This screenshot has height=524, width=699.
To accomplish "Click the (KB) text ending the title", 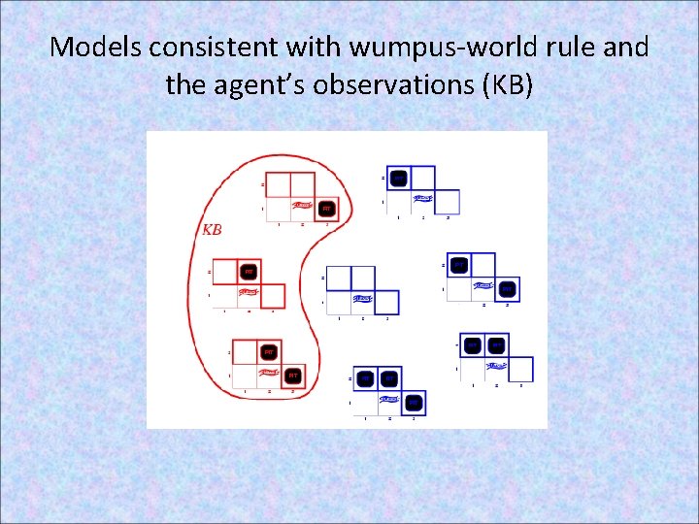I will click(506, 85).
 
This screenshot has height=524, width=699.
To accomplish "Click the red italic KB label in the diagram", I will click(212, 230).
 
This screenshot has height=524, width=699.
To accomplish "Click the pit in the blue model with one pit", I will click(398, 178).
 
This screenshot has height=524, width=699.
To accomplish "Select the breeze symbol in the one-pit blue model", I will click(422, 199).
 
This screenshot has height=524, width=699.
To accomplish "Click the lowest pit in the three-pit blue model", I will click(414, 401).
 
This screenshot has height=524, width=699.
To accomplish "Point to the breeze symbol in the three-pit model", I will click(389, 399).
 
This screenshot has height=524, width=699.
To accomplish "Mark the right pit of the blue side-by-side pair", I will click(496, 344).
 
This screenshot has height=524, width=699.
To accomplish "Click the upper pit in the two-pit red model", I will click(269, 351).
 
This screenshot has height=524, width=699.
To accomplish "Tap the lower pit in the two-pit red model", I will click(293, 375).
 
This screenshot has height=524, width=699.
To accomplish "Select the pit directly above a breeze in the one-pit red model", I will click(249, 271).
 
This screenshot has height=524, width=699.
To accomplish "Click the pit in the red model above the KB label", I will click(327, 209).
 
